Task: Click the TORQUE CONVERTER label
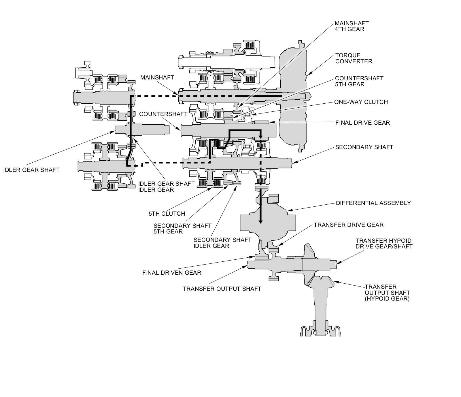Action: pos(354,58)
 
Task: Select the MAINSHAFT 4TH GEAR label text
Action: pos(352,26)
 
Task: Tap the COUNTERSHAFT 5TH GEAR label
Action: pos(359,81)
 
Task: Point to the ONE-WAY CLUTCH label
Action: pos(361,102)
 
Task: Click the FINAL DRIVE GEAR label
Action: pos(362,123)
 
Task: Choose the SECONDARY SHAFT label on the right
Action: pos(364,147)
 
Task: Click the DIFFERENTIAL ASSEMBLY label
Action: pos(373,203)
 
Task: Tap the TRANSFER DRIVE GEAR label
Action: pos(349,225)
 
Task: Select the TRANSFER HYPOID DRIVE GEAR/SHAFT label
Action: pos(384,244)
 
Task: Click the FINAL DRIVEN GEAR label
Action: pos(172,273)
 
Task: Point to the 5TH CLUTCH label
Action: pos(167,214)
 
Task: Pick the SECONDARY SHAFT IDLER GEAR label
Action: pos(222,243)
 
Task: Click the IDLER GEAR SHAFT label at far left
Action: pos(31,170)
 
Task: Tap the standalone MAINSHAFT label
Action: pos(157,77)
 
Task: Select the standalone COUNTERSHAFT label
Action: pos(163,114)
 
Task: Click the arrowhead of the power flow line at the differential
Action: pos(260,221)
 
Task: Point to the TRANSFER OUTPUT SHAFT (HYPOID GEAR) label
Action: pos(387,293)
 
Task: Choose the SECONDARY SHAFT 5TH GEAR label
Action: pos(182,229)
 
